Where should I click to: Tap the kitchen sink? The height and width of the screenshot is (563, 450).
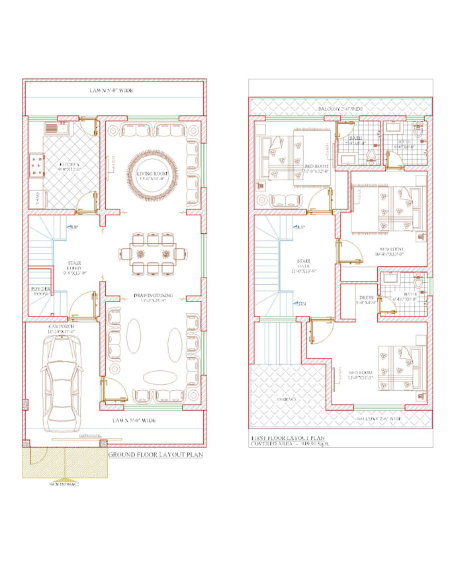(x=51, y=128)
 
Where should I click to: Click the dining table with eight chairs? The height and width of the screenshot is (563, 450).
(x=149, y=252)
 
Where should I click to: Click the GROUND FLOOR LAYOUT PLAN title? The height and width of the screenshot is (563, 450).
(x=155, y=456)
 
